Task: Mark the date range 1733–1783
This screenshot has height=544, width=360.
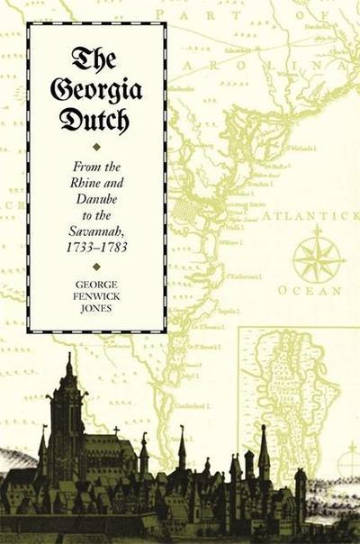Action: [96, 233]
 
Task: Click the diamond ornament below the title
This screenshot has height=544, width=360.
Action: [96, 143]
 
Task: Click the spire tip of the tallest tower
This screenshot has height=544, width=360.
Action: [69, 356]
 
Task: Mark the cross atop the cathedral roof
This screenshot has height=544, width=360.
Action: [116, 431]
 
